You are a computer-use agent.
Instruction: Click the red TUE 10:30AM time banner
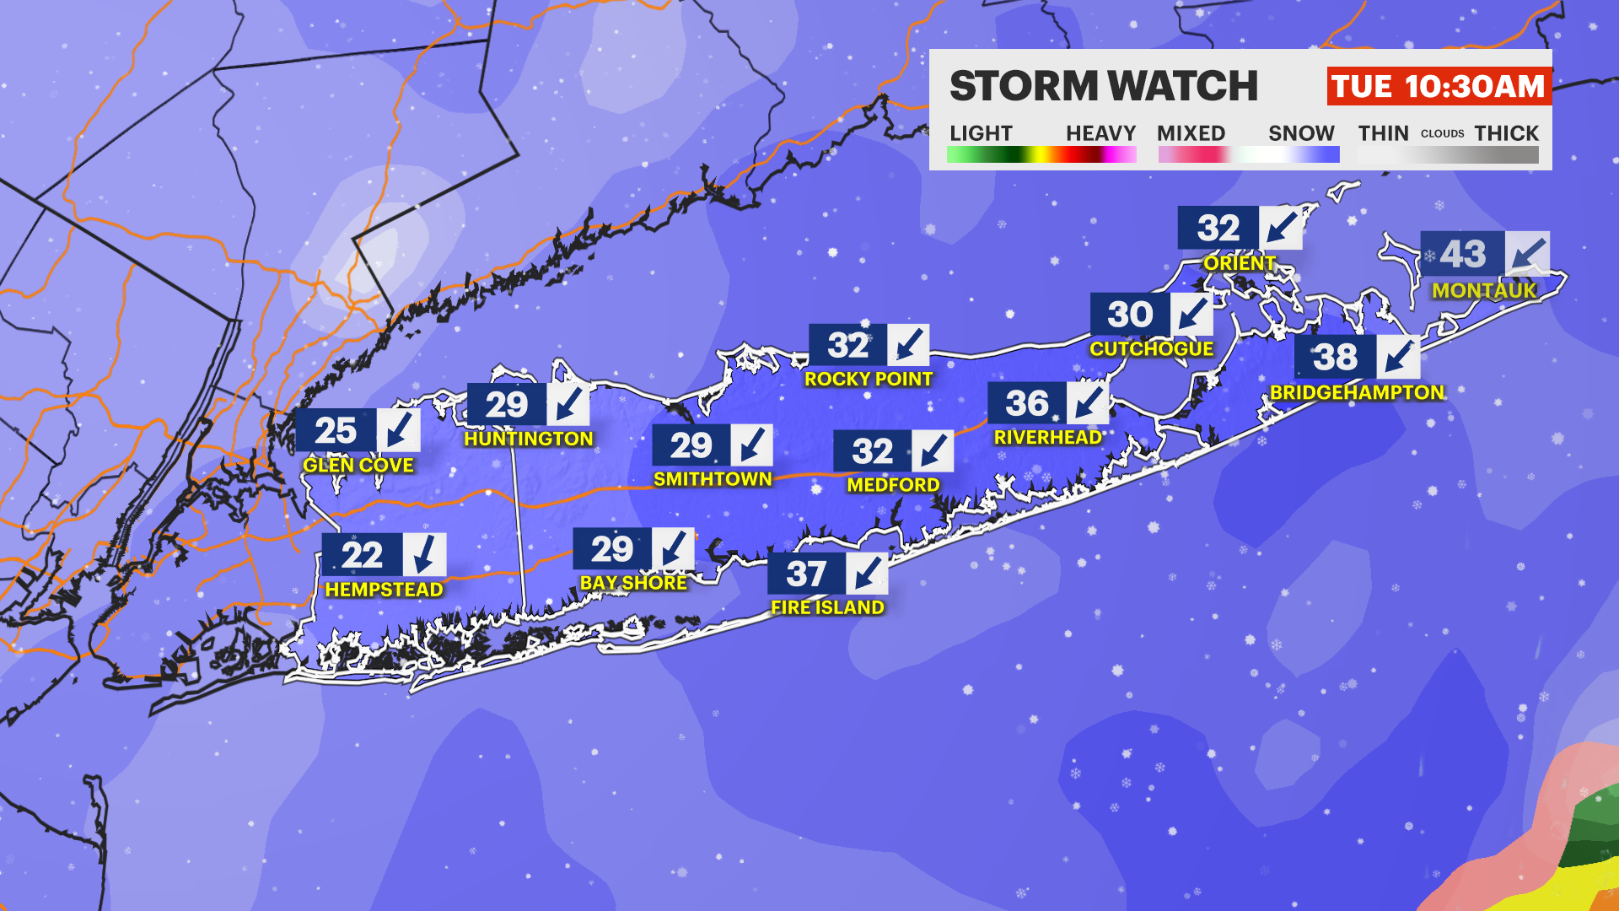1439,87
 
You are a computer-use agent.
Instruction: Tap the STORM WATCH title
1103,86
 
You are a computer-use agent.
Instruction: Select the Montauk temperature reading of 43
1462,254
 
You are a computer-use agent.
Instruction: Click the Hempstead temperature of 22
362,555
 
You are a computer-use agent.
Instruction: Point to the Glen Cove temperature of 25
336,431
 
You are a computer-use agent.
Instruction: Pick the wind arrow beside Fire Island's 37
866,574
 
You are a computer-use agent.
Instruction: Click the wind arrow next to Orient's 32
1280,228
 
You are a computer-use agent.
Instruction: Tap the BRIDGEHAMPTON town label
1356,392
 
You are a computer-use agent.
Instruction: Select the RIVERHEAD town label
1047,437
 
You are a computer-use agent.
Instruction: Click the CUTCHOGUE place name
1151,349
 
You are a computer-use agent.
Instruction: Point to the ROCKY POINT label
868,380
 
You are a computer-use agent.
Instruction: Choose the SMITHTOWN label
713,479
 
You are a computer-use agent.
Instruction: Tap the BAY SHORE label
633,583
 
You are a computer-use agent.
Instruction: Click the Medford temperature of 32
872,451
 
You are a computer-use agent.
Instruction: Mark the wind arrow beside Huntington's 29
568,405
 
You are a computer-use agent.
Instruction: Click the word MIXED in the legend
1191,133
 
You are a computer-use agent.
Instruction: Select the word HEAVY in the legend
1100,133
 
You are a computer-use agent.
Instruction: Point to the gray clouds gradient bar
1448,155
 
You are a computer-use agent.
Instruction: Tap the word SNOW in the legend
1301,133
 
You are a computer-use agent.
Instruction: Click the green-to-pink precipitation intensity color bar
1041,155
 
